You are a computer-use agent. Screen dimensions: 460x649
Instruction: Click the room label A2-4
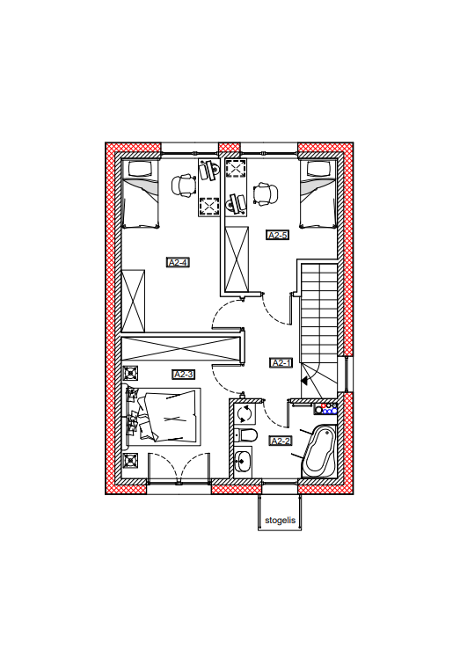(178, 262)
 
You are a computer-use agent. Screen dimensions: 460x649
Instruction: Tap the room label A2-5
(277, 235)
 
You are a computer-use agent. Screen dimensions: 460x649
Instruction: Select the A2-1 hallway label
(281, 363)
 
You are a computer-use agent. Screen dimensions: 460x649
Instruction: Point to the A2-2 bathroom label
(281, 441)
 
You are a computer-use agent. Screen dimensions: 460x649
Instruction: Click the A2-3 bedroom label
(184, 374)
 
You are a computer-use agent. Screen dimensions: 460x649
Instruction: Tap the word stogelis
(281, 521)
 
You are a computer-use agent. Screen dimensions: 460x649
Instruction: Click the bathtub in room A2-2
(319, 450)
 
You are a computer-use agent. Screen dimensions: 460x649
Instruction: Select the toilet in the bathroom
(246, 435)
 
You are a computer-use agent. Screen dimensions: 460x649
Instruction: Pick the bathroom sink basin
(243, 462)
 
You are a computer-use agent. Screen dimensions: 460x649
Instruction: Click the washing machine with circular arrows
(245, 413)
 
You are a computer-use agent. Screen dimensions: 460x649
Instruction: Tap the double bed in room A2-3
(164, 416)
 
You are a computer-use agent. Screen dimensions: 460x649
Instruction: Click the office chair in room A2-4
(184, 186)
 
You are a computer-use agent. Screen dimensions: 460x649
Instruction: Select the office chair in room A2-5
(266, 193)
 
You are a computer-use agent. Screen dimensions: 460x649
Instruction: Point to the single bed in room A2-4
(141, 193)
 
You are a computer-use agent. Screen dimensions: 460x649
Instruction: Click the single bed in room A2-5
(318, 193)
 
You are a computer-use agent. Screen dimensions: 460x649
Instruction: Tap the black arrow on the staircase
(305, 381)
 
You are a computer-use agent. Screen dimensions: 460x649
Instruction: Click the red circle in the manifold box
(324, 405)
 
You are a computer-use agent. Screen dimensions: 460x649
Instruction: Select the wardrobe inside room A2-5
(237, 259)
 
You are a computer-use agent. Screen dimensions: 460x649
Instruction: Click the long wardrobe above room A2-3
(181, 348)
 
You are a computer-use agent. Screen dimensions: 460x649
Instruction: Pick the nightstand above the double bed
(131, 374)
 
